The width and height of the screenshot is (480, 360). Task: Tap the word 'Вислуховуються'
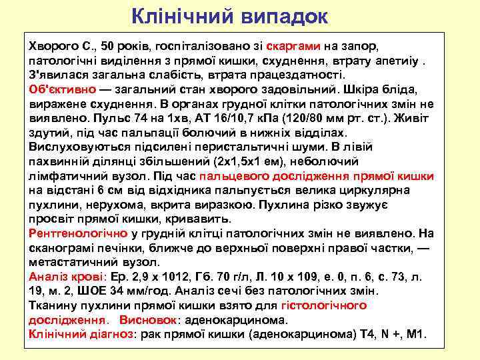(x=77, y=146)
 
